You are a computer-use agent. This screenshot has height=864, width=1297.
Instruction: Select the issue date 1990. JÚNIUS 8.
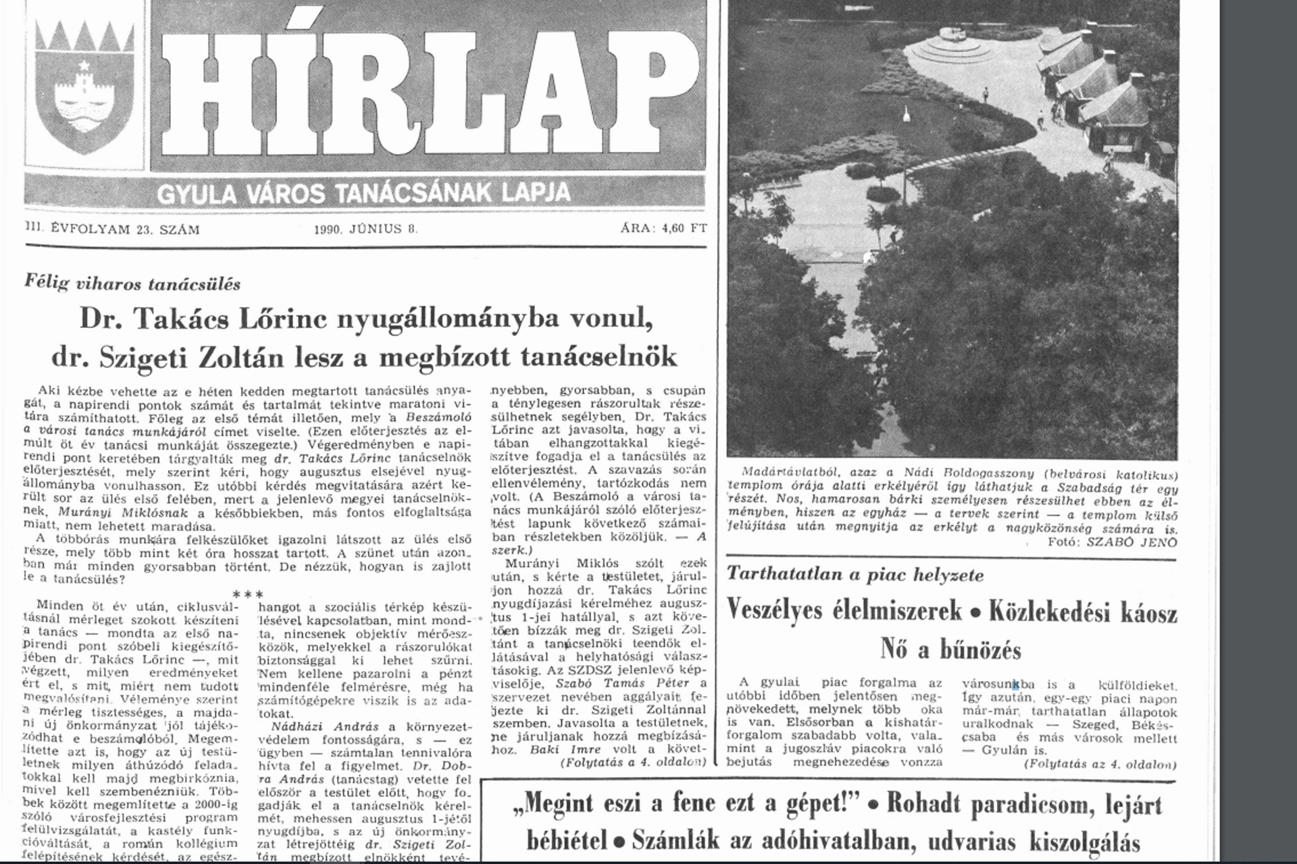pos(365,229)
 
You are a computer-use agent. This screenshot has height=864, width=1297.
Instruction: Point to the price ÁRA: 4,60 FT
pos(663,228)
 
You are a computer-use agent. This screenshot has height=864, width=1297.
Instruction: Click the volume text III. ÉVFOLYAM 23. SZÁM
pos(112,230)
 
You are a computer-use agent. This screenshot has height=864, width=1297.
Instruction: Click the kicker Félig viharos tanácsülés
pos(132,284)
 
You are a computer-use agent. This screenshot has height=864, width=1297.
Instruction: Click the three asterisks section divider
pos(247,595)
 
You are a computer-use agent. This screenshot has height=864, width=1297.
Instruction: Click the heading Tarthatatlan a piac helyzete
pos(855,575)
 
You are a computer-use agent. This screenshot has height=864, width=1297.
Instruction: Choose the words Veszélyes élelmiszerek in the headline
pos(844,610)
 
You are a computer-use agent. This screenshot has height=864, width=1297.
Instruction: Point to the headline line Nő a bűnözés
pos(950,649)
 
